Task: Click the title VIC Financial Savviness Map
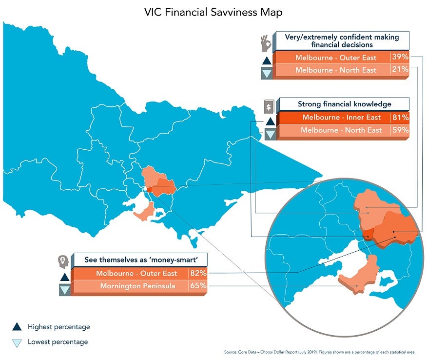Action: (x=213, y=12)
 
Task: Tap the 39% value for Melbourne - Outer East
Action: (x=400, y=57)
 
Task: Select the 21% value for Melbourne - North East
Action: (x=400, y=70)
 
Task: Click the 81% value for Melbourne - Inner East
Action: (x=400, y=118)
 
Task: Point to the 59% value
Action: (x=400, y=130)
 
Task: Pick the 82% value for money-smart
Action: (x=198, y=273)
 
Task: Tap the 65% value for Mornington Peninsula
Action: (x=198, y=286)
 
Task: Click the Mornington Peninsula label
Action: (x=137, y=286)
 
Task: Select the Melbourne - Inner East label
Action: (x=341, y=118)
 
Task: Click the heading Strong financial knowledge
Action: (x=344, y=104)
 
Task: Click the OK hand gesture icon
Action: (x=266, y=42)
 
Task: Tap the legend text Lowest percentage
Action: (x=58, y=342)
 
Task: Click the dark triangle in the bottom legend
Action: (x=17, y=327)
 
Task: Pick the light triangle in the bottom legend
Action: (x=17, y=343)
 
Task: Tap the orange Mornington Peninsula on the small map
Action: (x=145, y=212)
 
